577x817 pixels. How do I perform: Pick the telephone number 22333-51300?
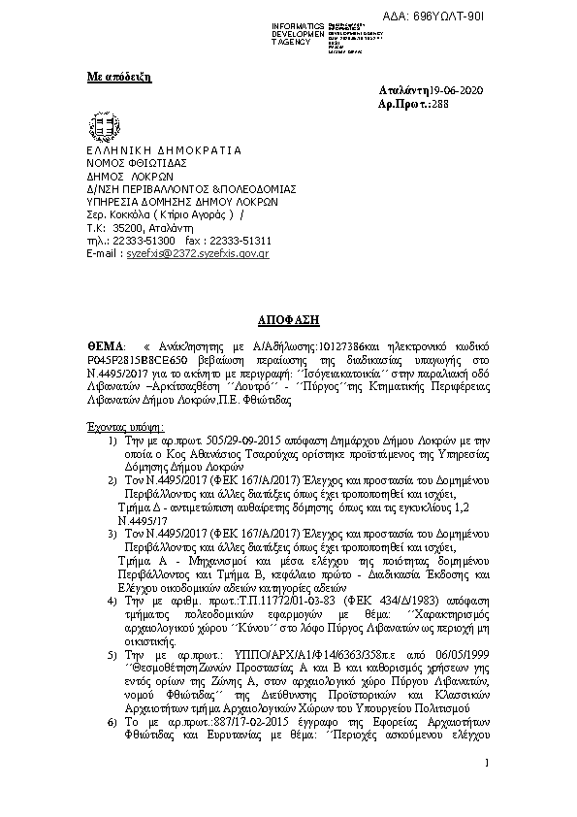click(x=148, y=240)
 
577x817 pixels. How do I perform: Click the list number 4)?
click(x=112, y=602)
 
